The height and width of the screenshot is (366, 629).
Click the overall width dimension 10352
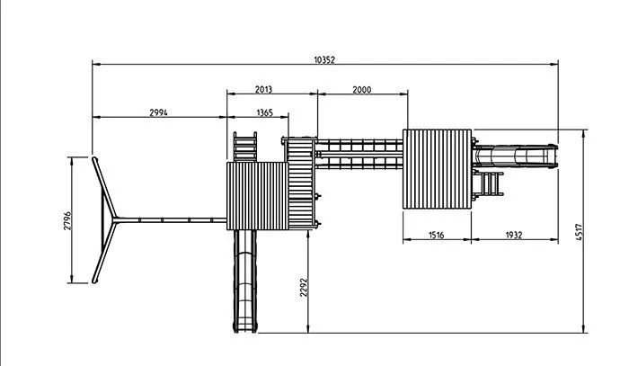(x=324, y=59)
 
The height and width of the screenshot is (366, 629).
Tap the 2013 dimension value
(x=263, y=90)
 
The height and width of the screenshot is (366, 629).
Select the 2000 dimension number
(x=362, y=90)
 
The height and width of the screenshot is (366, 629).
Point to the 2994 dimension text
(x=158, y=112)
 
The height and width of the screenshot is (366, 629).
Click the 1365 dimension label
(x=265, y=112)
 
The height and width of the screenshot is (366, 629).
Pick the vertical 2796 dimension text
(x=67, y=220)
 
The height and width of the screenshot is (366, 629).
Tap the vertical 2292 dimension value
(x=304, y=288)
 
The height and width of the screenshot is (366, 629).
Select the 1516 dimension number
(x=437, y=236)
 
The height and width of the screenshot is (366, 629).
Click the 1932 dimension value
(x=514, y=236)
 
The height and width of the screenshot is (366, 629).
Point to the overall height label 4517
(x=579, y=232)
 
